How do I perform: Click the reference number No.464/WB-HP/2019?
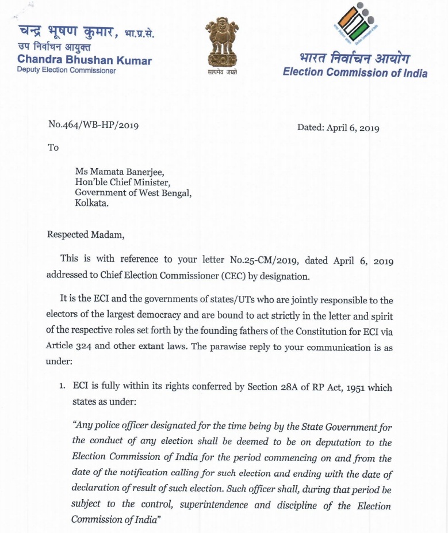coord(93,124)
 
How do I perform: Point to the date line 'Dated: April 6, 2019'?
coord(338,128)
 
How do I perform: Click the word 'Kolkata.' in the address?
coord(91,203)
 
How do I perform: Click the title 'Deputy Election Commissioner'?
coord(66,71)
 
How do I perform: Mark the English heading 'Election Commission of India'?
coord(355,73)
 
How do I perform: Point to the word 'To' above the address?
coord(53,147)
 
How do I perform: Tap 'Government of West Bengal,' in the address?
coord(133,192)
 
